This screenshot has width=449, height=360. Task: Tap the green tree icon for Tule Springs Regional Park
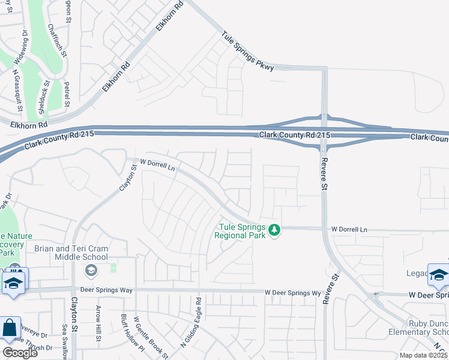click(274, 230)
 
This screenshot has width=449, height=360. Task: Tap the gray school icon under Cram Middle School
click(91, 271)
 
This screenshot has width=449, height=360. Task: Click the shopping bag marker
click(10, 328)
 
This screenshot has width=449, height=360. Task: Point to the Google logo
click(19, 353)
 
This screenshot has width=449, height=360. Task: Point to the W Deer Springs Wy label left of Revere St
click(292, 293)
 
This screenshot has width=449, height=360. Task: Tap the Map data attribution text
click(424, 355)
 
